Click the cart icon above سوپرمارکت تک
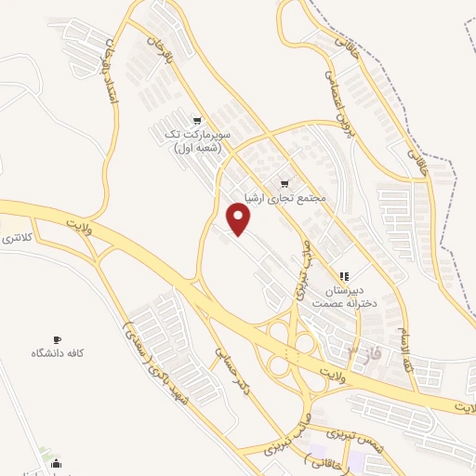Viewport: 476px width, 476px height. pyautogui.click(x=196, y=120)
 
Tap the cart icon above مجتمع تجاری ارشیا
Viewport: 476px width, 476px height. pyautogui.click(x=284, y=182)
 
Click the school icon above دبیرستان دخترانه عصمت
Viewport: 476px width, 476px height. pyautogui.click(x=344, y=276)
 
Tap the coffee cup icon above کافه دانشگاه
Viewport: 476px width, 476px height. pyautogui.click(x=57, y=339)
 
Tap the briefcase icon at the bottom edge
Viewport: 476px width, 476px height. pyautogui.click(x=58, y=463)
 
